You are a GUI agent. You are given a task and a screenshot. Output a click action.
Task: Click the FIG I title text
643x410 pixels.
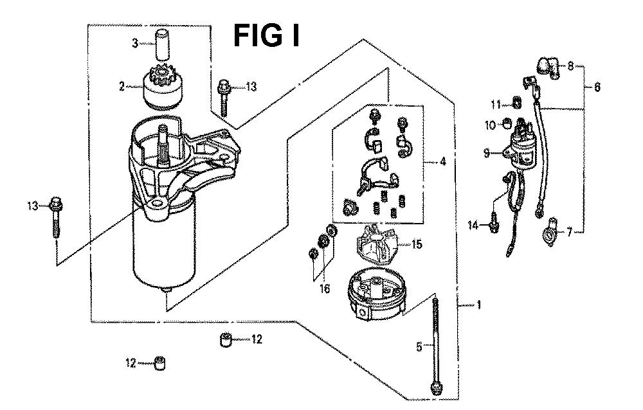[266, 35]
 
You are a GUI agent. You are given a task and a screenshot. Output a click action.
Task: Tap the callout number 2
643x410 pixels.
[122, 86]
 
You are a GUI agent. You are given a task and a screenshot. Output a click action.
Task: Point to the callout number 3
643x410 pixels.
[134, 44]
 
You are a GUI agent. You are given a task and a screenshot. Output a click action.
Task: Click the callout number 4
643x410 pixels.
[443, 162]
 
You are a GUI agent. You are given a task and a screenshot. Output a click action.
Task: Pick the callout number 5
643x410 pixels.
[419, 347]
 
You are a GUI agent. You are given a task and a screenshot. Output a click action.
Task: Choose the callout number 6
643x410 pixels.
[597, 88]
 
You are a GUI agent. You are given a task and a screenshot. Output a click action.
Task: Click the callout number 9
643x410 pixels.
[487, 153]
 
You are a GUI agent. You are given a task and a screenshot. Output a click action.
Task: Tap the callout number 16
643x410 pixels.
[325, 289]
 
